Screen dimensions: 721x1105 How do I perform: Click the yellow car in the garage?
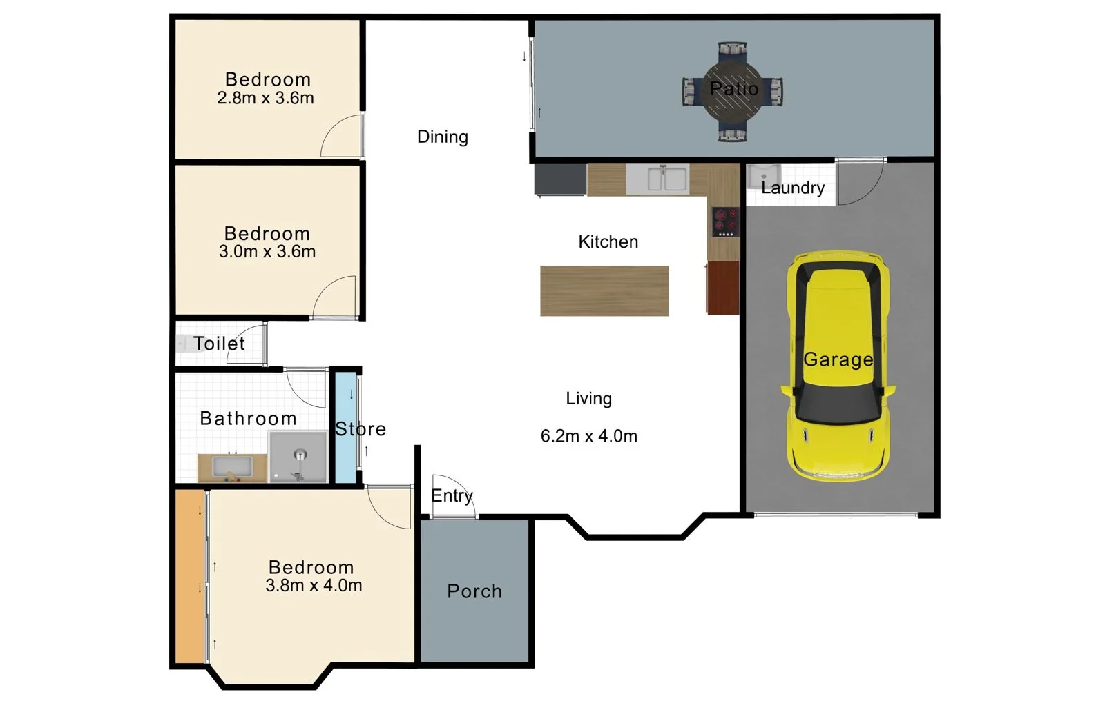838,366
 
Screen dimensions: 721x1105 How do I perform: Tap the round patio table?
733,90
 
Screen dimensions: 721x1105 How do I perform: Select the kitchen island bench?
604,290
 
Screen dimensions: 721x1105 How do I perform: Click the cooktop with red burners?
725,222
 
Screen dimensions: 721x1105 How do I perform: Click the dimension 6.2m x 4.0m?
588,436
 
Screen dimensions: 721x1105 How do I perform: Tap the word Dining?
443,137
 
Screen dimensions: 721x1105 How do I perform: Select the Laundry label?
792,188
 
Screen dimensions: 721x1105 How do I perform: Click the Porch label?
474,591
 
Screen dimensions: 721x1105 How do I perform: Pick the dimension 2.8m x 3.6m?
265,98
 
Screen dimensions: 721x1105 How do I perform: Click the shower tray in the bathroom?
298,457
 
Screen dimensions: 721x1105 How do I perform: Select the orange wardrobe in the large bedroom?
189,576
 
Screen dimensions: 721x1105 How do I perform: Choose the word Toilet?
219,344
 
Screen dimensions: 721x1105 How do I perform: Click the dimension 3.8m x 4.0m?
314,585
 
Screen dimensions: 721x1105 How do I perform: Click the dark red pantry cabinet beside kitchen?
723,286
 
